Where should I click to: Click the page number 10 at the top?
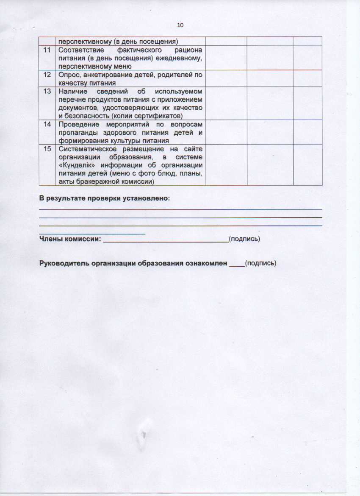click(180, 25)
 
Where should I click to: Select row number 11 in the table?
click(47, 50)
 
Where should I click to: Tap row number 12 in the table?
click(47, 75)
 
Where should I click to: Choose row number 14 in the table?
click(47, 124)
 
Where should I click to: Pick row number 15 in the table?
click(47, 149)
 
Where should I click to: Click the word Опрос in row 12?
click(68, 75)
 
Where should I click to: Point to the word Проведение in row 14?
click(79, 124)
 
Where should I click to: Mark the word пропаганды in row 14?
click(77, 133)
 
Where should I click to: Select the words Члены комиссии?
click(70, 239)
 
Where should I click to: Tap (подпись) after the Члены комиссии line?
click(244, 239)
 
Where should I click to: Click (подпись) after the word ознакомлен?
click(260, 263)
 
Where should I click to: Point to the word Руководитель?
click(63, 263)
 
